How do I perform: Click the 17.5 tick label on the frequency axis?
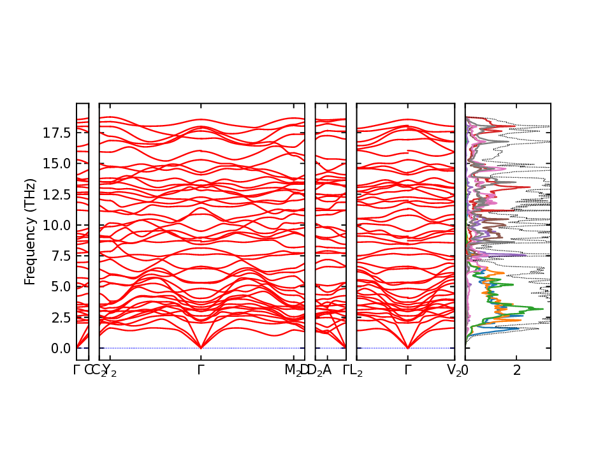56,133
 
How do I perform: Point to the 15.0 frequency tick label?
56,163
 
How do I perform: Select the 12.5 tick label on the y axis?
56,194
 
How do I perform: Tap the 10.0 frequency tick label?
56,225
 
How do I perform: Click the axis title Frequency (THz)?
29,231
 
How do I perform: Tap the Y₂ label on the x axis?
110,370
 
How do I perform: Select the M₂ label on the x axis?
293,370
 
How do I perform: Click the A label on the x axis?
327,370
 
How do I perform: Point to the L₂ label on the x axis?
356,370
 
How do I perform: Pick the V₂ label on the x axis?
455,370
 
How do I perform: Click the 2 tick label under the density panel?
517,370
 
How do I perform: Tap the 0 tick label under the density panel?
465,370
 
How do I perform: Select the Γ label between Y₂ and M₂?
201,370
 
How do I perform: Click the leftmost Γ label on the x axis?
76,370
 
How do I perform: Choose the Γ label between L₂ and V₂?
407,370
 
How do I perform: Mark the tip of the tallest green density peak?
543,309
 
